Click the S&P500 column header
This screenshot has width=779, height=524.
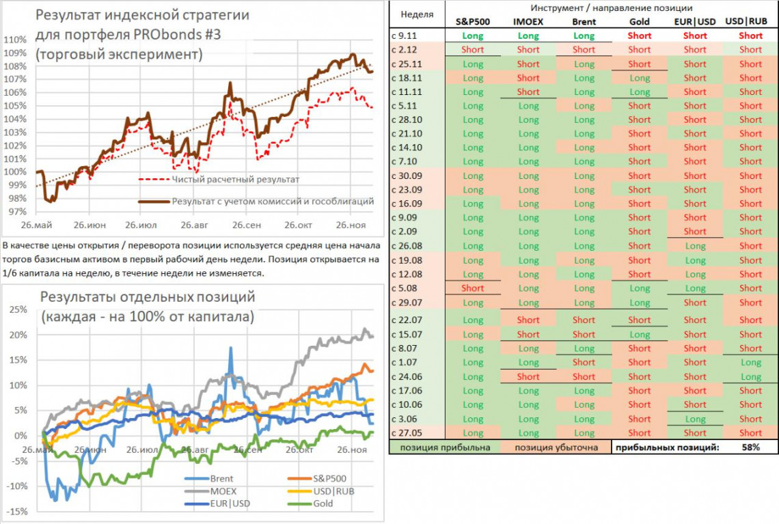pos(473,21)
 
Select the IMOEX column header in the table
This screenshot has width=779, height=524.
pos(528,21)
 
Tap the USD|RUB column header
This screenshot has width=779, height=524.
pos(750,21)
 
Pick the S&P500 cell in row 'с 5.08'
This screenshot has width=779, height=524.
pos(473,288)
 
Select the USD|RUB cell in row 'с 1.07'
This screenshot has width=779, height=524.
pos(750,363)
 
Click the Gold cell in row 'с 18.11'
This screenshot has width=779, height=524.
pos(640,78)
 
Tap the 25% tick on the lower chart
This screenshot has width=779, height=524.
pos(18,309)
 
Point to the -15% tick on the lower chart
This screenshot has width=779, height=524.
pos(16,512)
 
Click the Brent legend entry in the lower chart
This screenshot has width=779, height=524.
pos(221,479)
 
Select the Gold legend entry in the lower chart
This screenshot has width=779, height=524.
pos(323,503)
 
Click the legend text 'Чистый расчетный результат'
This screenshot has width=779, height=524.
pos(236,179)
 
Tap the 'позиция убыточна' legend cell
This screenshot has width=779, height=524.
pos(554,447)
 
